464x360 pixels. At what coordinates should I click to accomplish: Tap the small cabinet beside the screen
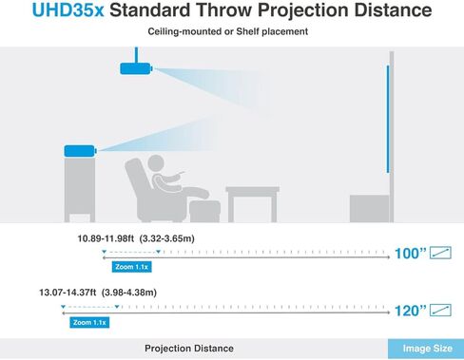tap(367, 208)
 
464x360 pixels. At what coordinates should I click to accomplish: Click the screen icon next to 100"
tap(440, 254)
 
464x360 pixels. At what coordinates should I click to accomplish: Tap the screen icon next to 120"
tap(440, 310)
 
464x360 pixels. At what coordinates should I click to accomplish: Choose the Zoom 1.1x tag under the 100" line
tap(129, 267)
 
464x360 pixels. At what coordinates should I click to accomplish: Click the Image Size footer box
tap(425, 349)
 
